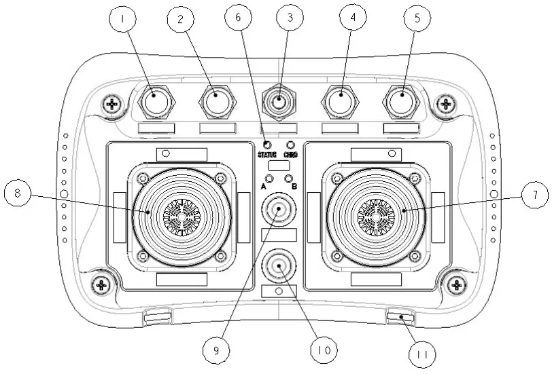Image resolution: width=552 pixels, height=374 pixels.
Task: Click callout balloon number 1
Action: [x=122, y=20]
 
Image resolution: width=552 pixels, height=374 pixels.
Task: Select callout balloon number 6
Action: [x=238, y=20]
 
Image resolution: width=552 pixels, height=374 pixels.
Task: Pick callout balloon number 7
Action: [x=18, y=194]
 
